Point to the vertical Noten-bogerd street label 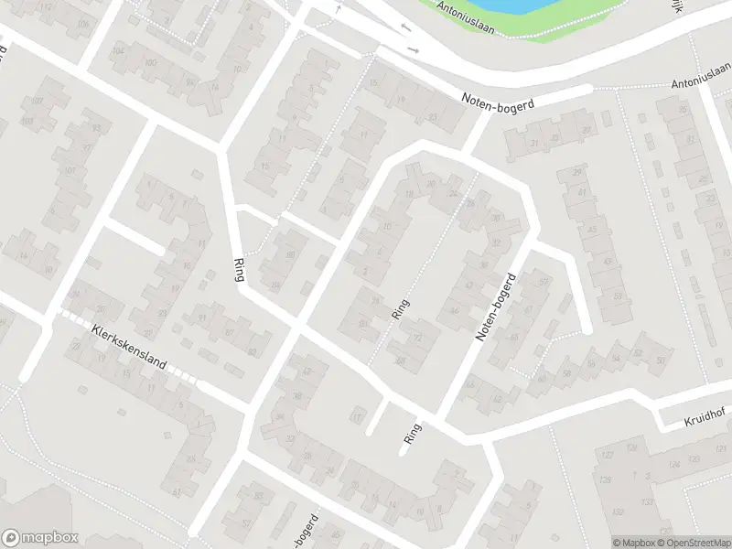495,307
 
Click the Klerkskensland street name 128,348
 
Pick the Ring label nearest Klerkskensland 241,266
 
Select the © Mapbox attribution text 634,543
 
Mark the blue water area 494,7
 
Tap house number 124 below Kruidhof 674,464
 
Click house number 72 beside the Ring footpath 418,337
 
